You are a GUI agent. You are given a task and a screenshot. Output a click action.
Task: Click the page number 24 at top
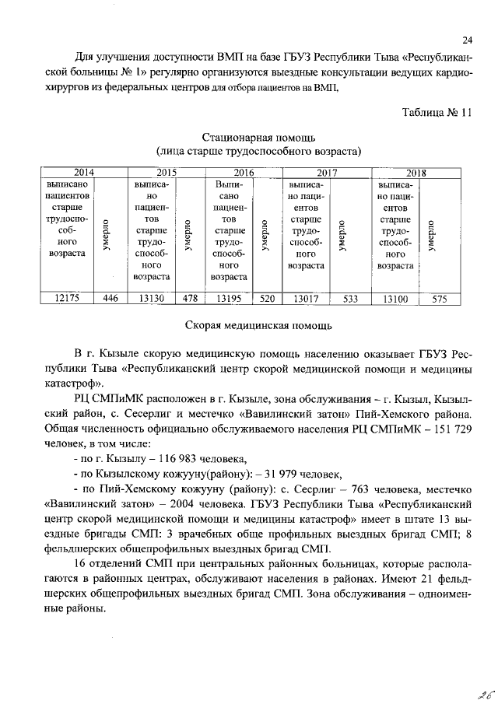[x=468, y=40]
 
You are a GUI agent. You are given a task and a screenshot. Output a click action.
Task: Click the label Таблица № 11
[x=437, y=110]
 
